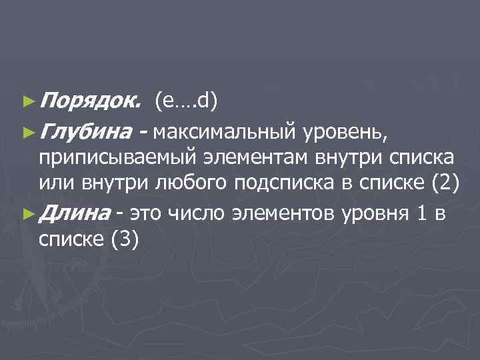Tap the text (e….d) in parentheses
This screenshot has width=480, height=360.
pos(186,101)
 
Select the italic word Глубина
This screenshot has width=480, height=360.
pos(87,133)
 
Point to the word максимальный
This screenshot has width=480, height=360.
pos(223,133)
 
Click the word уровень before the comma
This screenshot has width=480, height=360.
pos(342,133)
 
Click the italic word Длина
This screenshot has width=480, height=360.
pos(74,213)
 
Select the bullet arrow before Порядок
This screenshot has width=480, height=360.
pos(26,101)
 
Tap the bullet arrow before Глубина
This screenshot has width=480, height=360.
pos(26,133)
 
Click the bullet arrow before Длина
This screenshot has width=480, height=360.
pos(26,213)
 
